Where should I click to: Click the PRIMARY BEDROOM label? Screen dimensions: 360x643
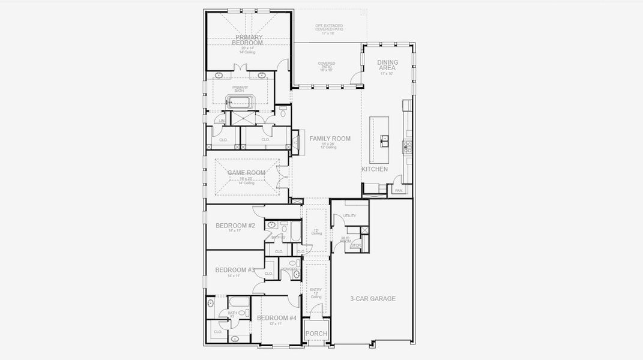(x=249, y=40)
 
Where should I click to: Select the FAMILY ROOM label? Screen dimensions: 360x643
(x=330, y=139)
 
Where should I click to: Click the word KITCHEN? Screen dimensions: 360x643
(x=374, y=170)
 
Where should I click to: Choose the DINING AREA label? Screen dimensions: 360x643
(x=387, y=65)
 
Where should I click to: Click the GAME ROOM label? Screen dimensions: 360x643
(x=246, y=173)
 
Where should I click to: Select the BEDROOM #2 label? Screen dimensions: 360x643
(x=235, y=226)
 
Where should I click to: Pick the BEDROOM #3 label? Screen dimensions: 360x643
(x=235, y=270)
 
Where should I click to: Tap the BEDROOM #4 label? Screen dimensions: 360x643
(x=277, y=318)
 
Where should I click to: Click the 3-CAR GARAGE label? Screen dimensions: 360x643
(x=373, y=298)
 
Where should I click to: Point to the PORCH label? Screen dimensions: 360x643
(x=316, y=334)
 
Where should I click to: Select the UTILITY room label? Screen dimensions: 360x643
(x=349, y=216)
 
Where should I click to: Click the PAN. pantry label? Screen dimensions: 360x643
(x=399, y=191)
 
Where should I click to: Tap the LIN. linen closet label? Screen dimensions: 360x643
(x=222, y=121)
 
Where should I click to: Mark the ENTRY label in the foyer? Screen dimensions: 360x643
(x=316, y=290)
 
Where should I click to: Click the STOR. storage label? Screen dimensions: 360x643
(x=355, y=245)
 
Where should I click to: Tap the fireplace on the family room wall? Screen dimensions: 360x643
(x=295, y=142)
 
